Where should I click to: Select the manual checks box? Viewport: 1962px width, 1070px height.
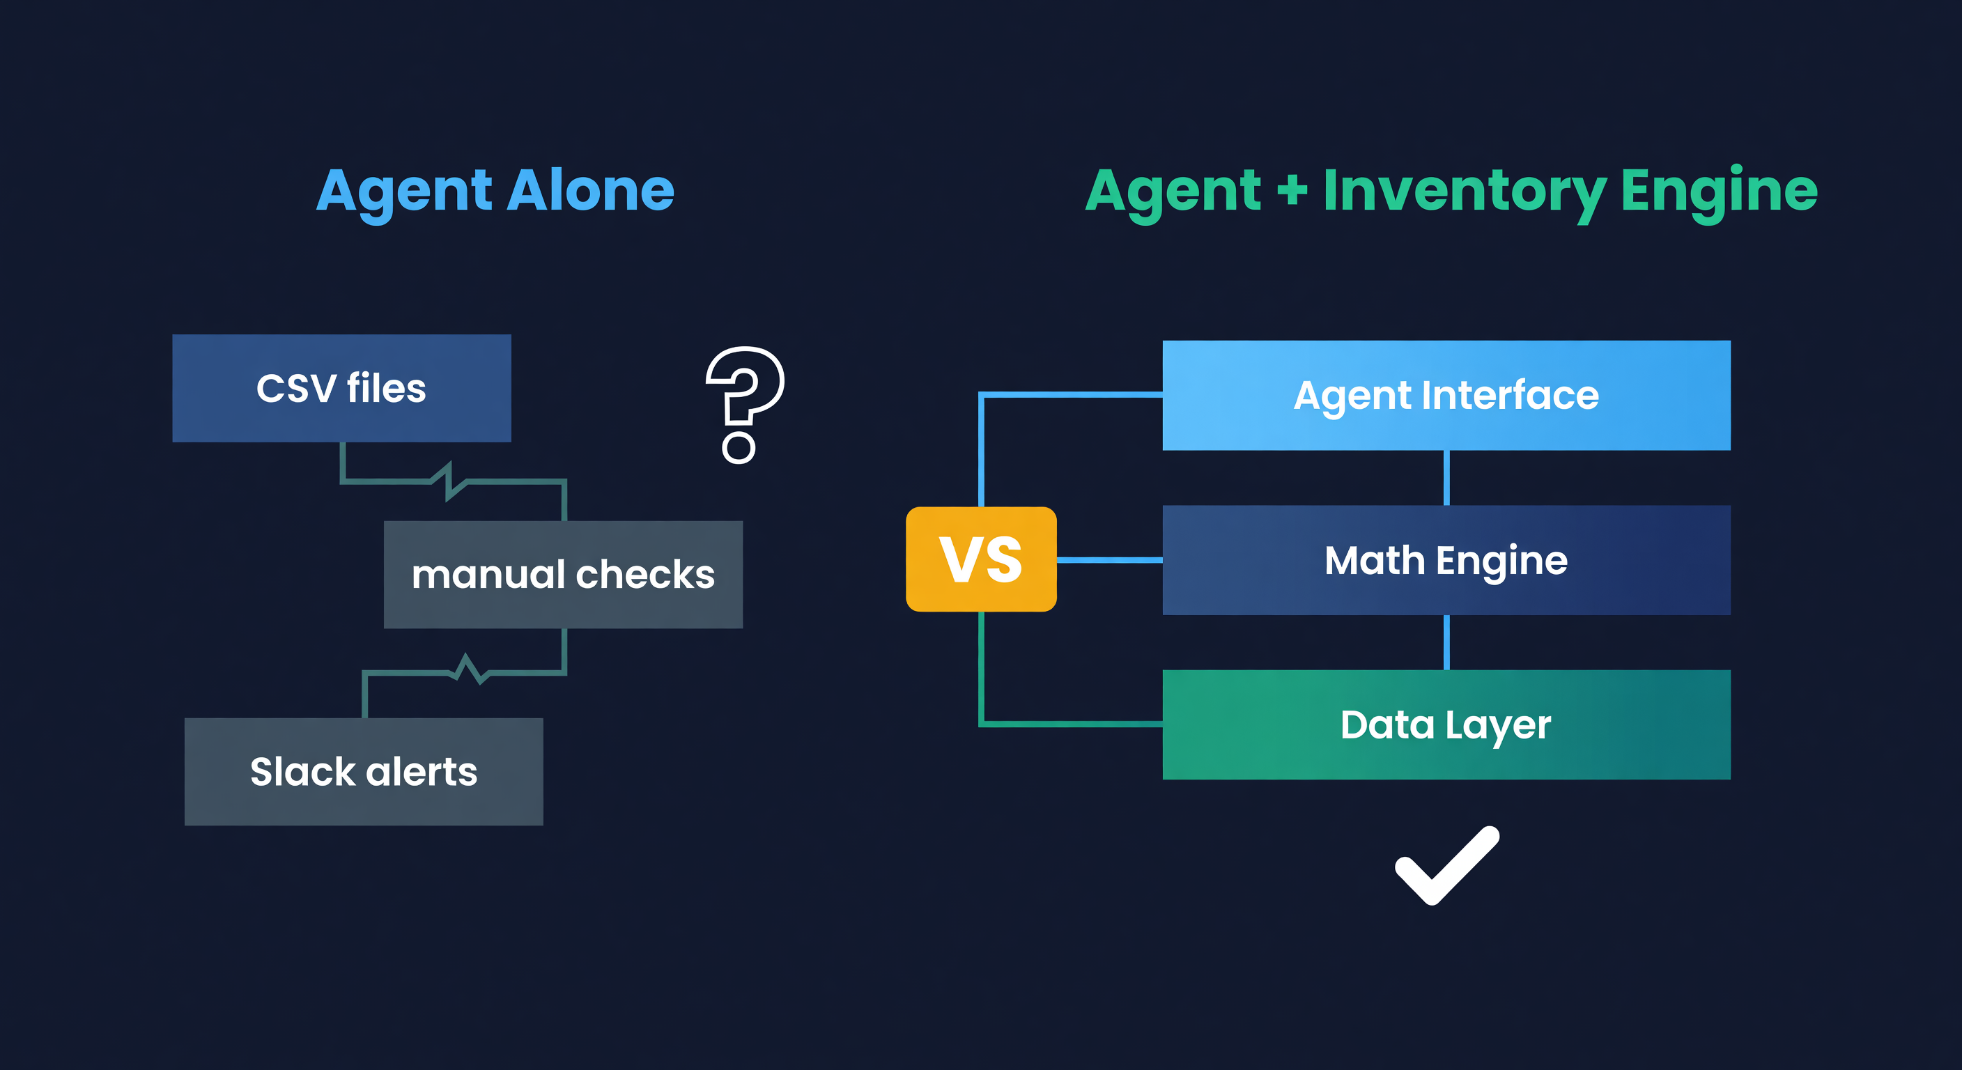coord(563,574)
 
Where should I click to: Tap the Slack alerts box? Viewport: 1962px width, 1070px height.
coord(363,771)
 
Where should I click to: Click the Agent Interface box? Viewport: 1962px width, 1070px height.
coord(1446,395)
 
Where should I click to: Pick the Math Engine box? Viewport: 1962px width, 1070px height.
coord(1446,560)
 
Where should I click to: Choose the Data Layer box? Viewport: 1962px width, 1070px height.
coord(1446,724)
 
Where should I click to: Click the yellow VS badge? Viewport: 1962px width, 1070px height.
coord(980,559)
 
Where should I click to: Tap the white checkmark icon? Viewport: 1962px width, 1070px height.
coord(1446,866)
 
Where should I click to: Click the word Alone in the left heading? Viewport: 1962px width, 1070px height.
coord(590,190)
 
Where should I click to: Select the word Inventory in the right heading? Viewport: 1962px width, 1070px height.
coord(1464,190)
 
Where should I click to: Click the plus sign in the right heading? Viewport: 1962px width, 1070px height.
coord(1292,190)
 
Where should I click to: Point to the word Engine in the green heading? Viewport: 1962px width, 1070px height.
coord(1718,190)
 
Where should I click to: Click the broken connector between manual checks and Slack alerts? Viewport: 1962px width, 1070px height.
coord(466,670)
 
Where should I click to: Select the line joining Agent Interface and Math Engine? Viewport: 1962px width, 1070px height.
coord(1446,477)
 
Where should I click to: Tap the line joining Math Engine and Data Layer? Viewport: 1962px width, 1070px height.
coord(1446,642)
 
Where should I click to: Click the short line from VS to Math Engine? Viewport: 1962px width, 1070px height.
coord(1109,560)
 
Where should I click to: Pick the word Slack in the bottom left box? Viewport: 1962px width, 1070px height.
coord(302,771)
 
